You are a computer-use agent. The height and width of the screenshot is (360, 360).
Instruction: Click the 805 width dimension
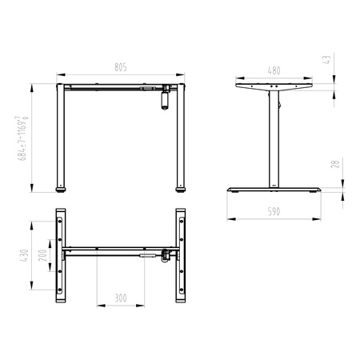121,68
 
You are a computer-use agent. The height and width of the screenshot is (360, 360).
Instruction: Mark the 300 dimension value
120,298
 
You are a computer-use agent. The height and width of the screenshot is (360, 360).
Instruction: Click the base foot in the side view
274,190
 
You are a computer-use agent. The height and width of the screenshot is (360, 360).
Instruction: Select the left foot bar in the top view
61,256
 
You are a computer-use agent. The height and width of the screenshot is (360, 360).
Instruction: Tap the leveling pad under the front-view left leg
61,190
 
